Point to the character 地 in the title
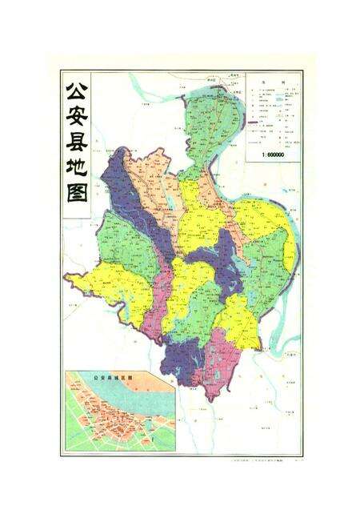[77, 178]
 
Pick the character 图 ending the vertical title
[77, 205]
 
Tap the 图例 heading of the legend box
[274, 82]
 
